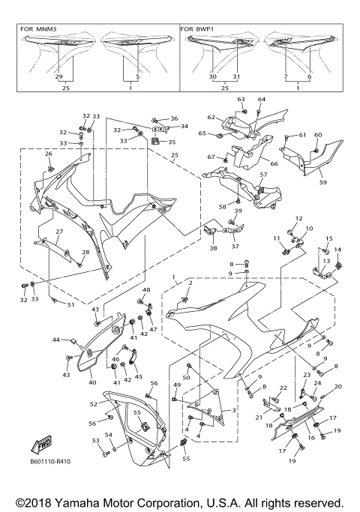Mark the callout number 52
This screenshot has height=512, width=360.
click(x=94, y=404)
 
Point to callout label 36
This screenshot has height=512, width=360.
click(x=174, y=118)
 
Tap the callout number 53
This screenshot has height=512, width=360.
click(x=95, y=441)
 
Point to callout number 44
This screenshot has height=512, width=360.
click(x=55, y=340)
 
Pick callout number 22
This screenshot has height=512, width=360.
click(x=283, y=388)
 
